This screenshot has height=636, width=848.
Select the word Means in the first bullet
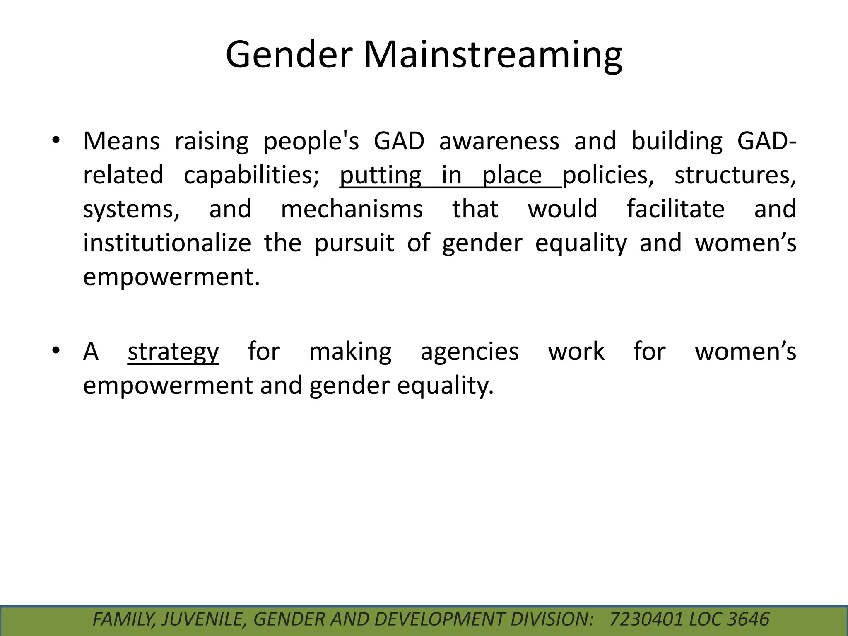(x=121, y=141)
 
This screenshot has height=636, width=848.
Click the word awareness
(x=499, y=141)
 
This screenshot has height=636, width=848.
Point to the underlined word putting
(x=380, y=175)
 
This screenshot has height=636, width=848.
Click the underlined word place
(x=512, y=175)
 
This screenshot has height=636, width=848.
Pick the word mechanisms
(x=352, y=209)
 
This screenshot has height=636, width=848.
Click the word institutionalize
(x=167, y=243)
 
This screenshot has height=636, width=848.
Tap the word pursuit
(x=354, y=243)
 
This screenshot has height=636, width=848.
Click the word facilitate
(x=676, y=209)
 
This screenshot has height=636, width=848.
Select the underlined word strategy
(x=173, y=352)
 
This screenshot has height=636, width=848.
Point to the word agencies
(x=470, y=352)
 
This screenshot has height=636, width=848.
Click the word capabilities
(x=251, y=175)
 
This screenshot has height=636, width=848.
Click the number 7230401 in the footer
(x=646, y=619)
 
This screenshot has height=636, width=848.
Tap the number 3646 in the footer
(x=748, y=619)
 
